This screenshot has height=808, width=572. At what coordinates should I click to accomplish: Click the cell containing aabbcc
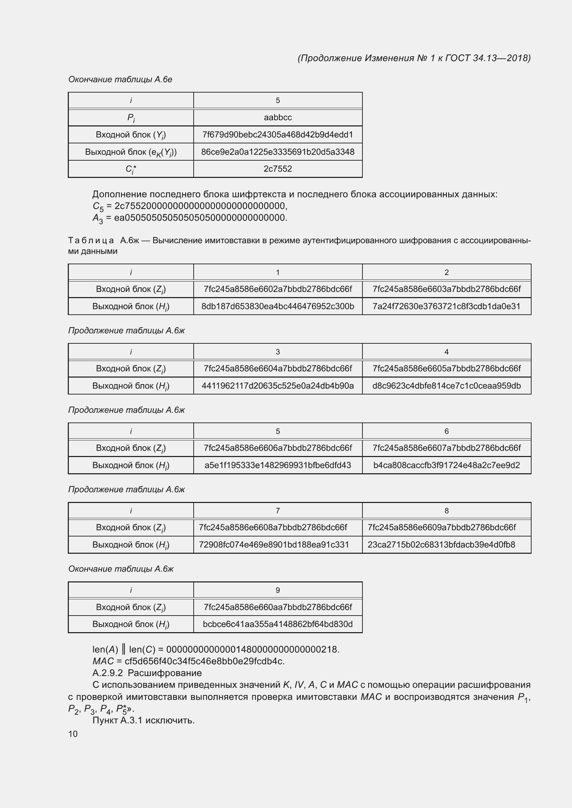pyautogui.click(x=278, y=117)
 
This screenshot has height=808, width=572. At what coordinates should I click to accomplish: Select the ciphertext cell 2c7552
pyautogui.click(x=278, y=169)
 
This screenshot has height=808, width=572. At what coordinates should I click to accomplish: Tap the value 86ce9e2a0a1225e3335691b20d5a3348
pyautogui.click(x=278, y=152)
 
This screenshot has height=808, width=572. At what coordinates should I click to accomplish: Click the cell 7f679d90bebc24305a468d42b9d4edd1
pyautogui.click(x=278, y=135)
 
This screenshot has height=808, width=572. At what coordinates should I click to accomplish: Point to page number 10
pyautogui.click(x=73, y=734)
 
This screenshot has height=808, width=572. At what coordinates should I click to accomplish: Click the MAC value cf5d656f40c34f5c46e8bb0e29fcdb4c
pyautogui.click(x=204, y=661)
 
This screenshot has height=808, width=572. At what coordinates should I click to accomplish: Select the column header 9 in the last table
pyautogui.click(x=278, y=590)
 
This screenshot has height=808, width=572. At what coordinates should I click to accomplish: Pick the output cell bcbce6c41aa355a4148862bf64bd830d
pyautogui.click(x=278, y=624)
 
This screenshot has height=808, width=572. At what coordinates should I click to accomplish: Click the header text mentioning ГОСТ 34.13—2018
pyautogui.click(x=414, y=58)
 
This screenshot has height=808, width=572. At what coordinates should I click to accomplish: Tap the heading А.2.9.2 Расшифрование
pyautogui.click(x=147, y=673)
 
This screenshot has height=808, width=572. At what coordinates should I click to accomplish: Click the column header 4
pyautogui.click(x=446, y=352)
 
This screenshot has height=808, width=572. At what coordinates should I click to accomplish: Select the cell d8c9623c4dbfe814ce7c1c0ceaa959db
pyautogui.click(x=446, y=386)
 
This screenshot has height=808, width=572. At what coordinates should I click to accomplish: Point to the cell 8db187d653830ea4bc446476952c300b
pyautogui.click(x=278, y=306)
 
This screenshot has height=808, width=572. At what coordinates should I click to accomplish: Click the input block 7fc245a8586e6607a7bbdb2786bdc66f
pyautogui.click(x=446, y=448)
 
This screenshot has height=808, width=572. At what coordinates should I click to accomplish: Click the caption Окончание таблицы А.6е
pyautogui.click(x=120, y=79)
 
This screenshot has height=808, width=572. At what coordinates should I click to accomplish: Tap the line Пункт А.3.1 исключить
pyautogui.click(x=144, y=720)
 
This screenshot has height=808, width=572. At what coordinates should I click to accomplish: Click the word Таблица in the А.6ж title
pyautogui.click(x=91, y=241)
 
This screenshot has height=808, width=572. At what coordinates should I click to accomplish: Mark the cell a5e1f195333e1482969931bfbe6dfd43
pyautogui.click(x=278, y=465)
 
